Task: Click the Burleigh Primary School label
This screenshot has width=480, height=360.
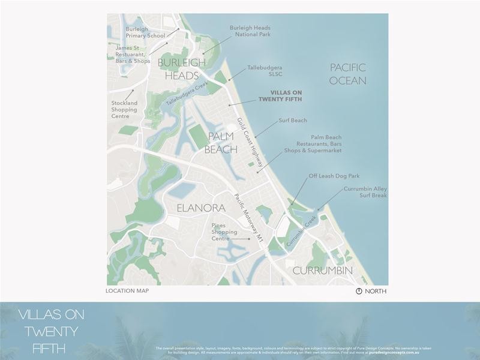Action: click(x=145, y=32)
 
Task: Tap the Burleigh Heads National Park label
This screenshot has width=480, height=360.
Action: click(x=250, y=31)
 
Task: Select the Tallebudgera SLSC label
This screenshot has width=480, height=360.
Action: click(x=265, y=71)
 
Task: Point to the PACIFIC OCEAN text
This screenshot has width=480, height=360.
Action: click(x=348, y=74)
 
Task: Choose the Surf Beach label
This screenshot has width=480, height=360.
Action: click(x=292, y=121)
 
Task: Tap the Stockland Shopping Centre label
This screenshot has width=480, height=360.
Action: click(x=124, y=109)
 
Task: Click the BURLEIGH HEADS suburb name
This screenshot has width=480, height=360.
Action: click(x=178, y=69)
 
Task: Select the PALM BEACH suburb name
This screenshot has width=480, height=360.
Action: click(x=221, y=143)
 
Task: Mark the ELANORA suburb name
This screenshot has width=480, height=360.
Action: click(x=201, y=208)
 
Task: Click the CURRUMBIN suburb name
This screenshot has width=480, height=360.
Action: click(x=322, y=271)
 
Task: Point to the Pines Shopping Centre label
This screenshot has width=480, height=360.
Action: click(x=221, y=232)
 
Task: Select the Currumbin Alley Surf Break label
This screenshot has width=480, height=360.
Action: click(x=365, y=192)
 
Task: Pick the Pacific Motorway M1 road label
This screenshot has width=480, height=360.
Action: click(x=250, y=218)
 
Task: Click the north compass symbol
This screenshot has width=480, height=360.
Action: click(x=359, y=291)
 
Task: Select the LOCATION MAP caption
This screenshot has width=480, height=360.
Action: click(x=127, y=291)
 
